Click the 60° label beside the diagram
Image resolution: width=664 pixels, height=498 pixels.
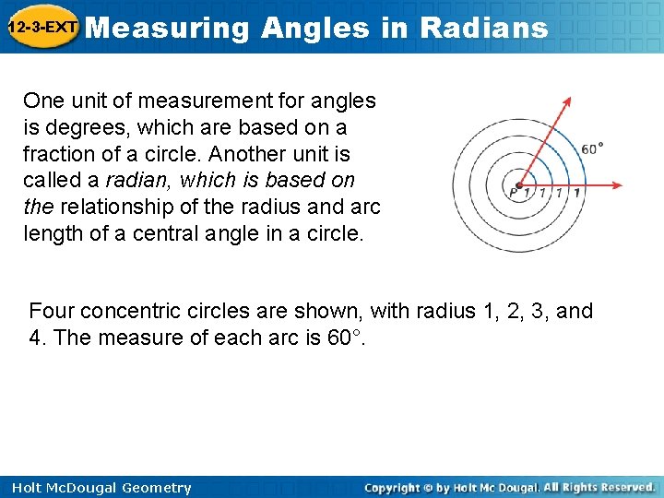coord(593,148)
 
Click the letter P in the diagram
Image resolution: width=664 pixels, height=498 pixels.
coord(513,194)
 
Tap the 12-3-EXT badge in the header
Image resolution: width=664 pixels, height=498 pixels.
coord(41,28)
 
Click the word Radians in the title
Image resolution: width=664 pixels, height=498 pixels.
coord(483,28)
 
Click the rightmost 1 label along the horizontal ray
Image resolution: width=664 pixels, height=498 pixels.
coord(576,194)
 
